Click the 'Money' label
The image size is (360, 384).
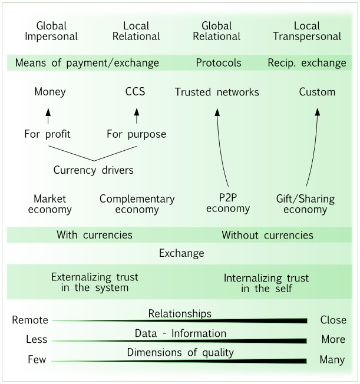point(50,92)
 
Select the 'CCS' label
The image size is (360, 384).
point(135,92)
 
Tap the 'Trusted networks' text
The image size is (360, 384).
point(217,92)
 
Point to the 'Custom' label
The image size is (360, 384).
point(317,92)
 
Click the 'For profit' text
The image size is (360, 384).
point(47,134)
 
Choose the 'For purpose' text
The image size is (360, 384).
point(136,134)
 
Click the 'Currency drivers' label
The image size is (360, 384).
point(94,170)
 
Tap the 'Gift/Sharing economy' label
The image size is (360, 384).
point(305,204)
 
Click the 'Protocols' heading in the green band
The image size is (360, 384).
point(219,63)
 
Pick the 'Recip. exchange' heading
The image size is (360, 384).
point(307,63)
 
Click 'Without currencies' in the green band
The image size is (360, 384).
point(267,235)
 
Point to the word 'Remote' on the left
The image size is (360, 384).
point(29,320)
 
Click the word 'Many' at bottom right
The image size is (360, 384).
point(332,360)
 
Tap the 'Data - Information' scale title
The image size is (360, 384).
point(180,333)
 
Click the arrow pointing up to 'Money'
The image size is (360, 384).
point(48,115)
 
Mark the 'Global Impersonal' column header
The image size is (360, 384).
point(51,31)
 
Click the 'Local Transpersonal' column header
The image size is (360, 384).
point(307,31)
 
